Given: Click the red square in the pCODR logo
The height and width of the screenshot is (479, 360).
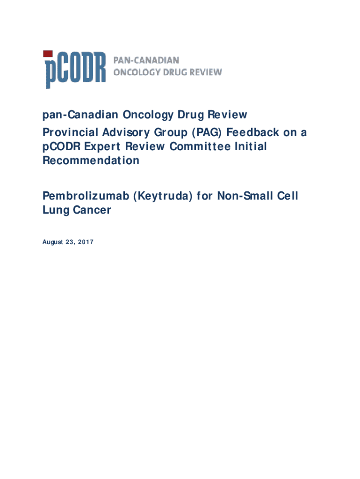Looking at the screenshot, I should coord(48,54).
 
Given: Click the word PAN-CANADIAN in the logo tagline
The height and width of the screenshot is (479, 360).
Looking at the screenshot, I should coord(146,60).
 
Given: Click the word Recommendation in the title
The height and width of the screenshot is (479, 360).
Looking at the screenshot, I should coord(91,161).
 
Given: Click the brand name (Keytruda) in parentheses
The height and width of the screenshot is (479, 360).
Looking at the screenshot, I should coord(159,196).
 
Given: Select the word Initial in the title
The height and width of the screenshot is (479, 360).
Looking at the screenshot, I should coord(252,147).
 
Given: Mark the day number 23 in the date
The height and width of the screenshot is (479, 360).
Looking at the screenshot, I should coord(70,242).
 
